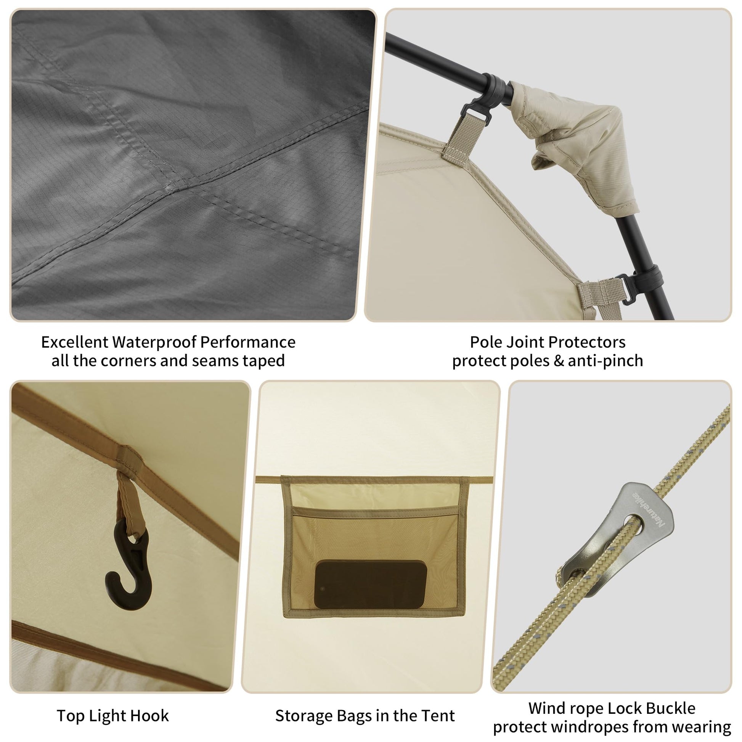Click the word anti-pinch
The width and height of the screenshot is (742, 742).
[605, 361]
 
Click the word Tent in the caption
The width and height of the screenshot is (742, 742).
[438, 716]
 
